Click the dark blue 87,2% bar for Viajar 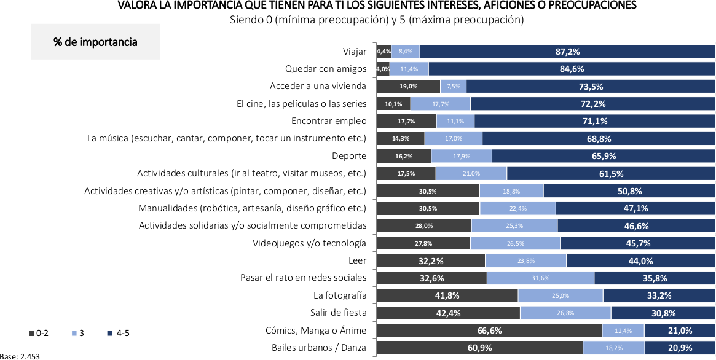[x=567, y=52]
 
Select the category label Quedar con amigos [x=326, y=69]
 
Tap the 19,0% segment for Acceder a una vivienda [x=408, y=87]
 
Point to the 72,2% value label [x=592, y=104]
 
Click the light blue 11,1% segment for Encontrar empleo [x=455, y=121]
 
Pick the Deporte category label [x=349, y=156]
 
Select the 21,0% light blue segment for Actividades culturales [x=471, y=174]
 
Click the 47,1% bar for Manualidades [x=635, y=208]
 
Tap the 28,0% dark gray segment [x=423, y=226]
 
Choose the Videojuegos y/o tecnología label [x=309, y=243]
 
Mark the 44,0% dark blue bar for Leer [x=640, y=260]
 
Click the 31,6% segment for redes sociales [x=540, y=278]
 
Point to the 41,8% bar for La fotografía [x=447, y=295]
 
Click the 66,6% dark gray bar [x=489, y=331]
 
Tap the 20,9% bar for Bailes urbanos [x=679, y=348]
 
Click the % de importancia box [x=95, y=42]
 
